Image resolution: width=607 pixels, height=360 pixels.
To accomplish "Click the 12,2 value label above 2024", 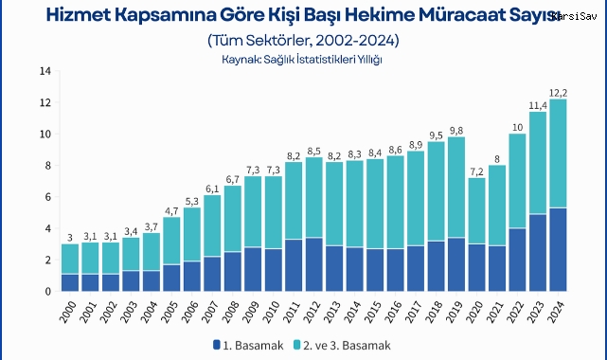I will [x=560, y=92].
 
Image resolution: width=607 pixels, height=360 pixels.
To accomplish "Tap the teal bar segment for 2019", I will [x=456, y=188].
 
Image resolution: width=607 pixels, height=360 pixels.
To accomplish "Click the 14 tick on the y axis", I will [x=45, y=71].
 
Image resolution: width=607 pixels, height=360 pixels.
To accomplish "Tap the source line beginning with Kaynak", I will [x=302, y=60].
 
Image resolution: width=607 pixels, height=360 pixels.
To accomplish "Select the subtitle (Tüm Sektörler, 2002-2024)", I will [x=302, y=41].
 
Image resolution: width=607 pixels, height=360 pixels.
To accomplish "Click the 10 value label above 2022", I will [x=518, y=126].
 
